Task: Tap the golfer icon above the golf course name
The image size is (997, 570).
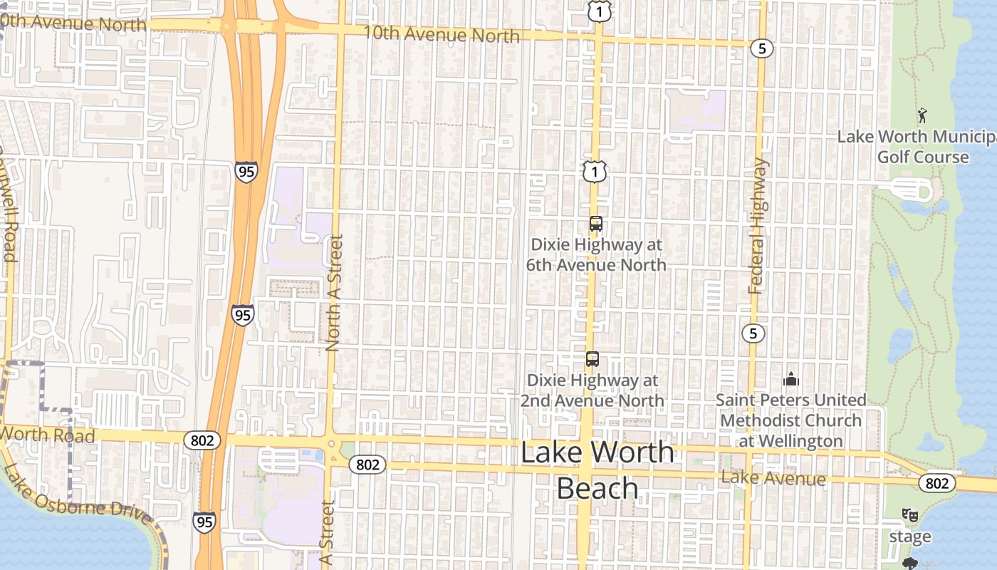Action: pos(923,114)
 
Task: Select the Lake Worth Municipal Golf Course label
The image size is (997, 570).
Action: pos(917,147)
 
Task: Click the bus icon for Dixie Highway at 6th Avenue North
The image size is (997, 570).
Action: pos(596,224)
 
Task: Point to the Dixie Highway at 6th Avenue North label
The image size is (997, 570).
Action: pos(596,254)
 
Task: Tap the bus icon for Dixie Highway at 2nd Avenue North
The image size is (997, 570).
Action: pos(593,359)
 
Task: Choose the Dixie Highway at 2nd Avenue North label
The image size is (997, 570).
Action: pos(592,390)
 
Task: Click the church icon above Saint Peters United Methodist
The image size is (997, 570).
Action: pos(791,379)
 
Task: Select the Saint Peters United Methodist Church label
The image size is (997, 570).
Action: pos(790,420)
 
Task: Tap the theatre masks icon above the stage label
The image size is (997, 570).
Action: pos(910,514)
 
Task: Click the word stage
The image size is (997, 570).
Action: pos(910,537)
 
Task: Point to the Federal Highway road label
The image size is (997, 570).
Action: pos(758,226)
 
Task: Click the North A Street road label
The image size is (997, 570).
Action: pos(334,293)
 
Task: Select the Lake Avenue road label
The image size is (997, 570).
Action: pos(773,478)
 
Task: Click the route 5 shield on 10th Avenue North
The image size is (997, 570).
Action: pos(761,48)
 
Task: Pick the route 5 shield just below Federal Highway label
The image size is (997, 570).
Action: pos(753,333)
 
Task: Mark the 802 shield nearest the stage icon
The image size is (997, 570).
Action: pos(937,483)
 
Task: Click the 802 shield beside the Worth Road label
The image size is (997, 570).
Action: pos(202,440)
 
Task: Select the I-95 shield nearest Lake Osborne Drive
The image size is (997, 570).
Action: pos(204,522)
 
